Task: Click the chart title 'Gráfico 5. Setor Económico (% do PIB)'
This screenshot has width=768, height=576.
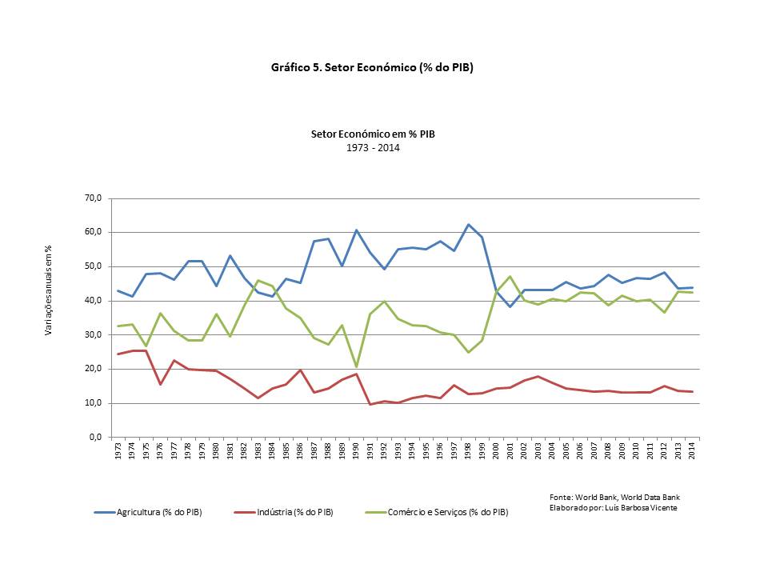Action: (x=372, y=67)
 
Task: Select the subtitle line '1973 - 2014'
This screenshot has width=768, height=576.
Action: (x=374, y=148)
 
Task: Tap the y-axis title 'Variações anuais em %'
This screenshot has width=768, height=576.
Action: (x=48, y=290)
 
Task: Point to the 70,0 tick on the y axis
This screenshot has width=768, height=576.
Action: (x=93, y=198)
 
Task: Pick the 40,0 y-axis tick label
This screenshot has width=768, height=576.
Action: (x=93, y=301)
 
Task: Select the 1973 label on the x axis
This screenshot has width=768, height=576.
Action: (x=118, y=451)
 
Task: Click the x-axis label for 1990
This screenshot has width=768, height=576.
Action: (x=356, y=451)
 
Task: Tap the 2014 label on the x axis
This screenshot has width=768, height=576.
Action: (x=692, y=451)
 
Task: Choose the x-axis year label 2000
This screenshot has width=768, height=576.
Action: (x=496, y=451)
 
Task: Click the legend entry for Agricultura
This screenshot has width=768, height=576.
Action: (x=148, y=512)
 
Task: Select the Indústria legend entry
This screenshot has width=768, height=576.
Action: (x=283, y=512)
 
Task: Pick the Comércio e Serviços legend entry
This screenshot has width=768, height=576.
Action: (x=437, y=512)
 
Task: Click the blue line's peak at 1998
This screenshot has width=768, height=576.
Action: (x=468, y=224)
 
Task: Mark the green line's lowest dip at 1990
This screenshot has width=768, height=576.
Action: (x=356, y=366)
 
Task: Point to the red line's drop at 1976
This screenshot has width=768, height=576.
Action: (x=160, y=384)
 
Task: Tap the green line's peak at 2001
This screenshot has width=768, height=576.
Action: (x=510, y=276)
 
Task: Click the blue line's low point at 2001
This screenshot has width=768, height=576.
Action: (x=510, y=306)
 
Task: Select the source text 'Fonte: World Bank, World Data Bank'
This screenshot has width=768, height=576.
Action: (x=614, y=498)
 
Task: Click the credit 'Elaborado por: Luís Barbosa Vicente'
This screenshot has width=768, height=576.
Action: (x=614, y=508)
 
